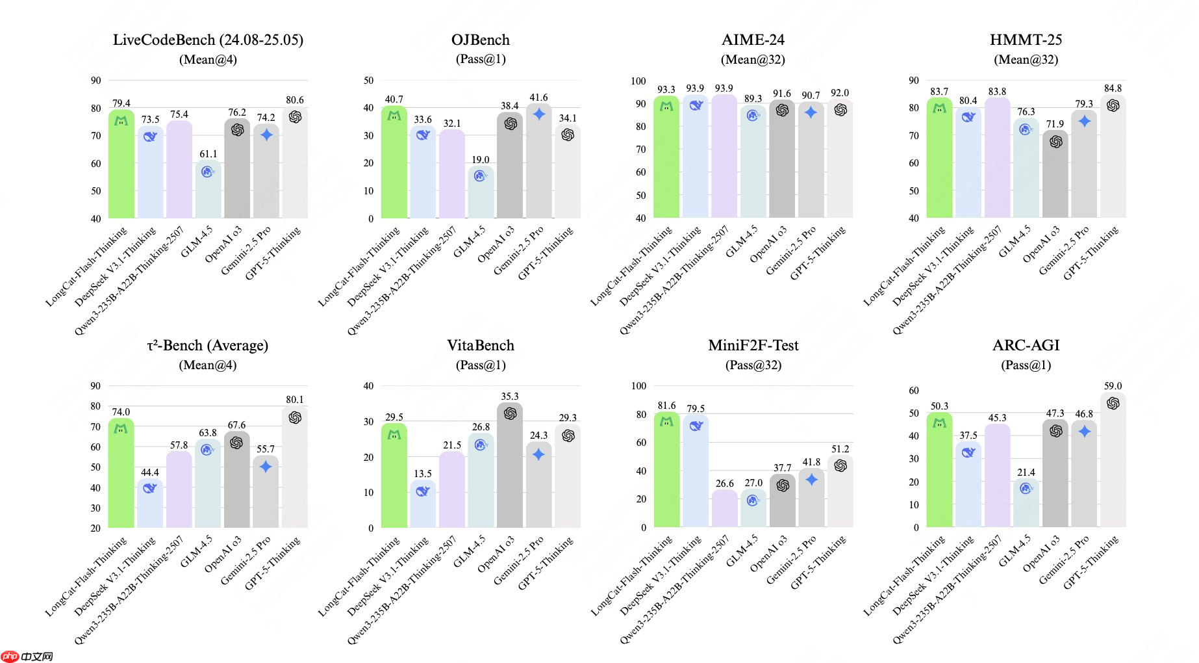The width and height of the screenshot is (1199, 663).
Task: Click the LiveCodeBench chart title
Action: (208, 40)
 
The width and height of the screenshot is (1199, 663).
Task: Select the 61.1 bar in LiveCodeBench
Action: (208, 192)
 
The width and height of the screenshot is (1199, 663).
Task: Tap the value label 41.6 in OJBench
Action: (538, 97)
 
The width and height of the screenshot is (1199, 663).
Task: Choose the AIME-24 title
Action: (753, 40)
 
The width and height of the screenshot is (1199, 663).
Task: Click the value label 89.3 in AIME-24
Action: (753, 99)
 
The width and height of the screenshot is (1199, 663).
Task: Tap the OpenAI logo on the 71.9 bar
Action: (1055, 141)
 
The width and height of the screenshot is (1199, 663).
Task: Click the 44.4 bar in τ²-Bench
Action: (149, 507)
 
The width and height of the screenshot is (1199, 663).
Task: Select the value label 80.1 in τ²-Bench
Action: (295, 400)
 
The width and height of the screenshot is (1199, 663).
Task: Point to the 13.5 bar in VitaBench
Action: (423, 507)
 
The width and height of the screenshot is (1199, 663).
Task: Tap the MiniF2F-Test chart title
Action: (753, 346)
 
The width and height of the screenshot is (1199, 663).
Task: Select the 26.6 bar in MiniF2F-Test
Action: (724, 510)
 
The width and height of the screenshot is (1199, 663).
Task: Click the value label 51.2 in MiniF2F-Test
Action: (840, 449)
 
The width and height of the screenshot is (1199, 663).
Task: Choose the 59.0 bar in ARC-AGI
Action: (1113, 461)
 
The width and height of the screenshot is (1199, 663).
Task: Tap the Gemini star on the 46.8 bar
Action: (1084, 431)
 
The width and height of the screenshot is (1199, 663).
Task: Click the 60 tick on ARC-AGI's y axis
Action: (914, 391)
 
